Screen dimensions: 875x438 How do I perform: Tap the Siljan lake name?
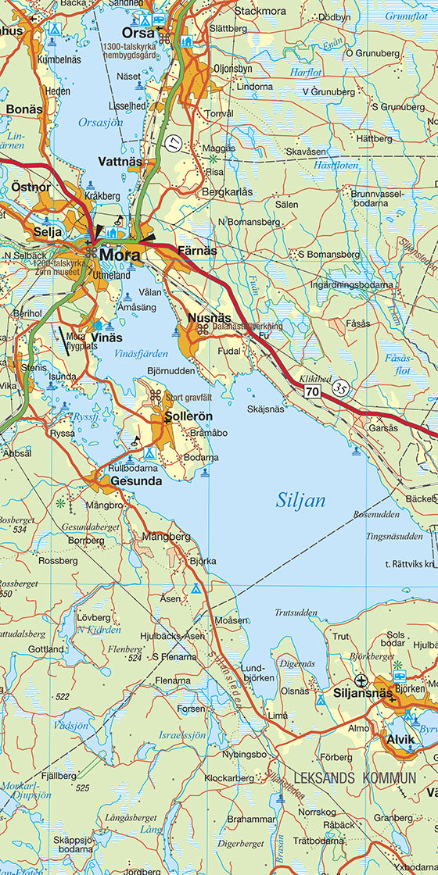click(x=300, y=501)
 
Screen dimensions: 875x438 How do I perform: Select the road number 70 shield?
click(x=313, y=390)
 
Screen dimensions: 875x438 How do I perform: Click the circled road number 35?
click(x=339, y=386)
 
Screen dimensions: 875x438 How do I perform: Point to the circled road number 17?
click(x=172, y=142)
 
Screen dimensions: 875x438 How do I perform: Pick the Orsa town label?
click(x=138, y=33)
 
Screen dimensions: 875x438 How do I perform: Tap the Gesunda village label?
click(x=136, y=481)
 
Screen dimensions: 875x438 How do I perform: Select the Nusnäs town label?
click(x=210, y=318)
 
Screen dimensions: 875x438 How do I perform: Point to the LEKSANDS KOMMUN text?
click(x=355, y=778)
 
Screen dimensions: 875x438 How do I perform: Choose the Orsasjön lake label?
click(x=99, y=123)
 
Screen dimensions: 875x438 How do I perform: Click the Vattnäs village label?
click(x=120, y=162)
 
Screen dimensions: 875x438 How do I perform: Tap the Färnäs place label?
click(x=196, y=251)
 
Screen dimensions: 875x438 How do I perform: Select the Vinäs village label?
click(x=107, y=337)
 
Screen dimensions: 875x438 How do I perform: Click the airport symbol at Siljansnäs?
click(x=361, y=680)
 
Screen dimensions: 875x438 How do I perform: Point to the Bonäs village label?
click(x=24, y=109)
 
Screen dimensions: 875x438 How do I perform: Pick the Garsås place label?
click(x=383, y=427)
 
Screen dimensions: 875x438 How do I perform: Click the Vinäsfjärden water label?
click(x=141, y=354)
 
